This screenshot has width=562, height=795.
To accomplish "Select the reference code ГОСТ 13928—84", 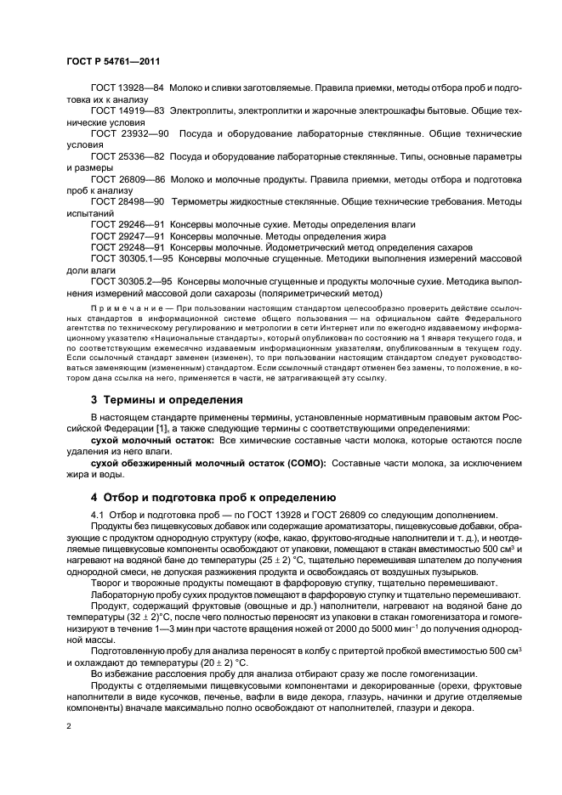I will tap(128, 88).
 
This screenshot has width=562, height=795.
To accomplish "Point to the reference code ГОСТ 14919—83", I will tap(128, 111).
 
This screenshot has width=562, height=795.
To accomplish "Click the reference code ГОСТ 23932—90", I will tap(129, 134).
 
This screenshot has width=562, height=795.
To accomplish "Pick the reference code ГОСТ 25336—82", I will tap(128, 157).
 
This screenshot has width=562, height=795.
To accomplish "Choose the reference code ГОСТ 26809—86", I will tap(128, 180).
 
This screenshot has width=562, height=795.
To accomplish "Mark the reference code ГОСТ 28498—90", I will tap(128, 203).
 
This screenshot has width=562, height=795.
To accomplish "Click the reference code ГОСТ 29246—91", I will tap(128, 225).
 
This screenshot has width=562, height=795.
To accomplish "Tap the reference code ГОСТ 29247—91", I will tap(128, 236).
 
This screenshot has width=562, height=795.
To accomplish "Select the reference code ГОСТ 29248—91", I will tap(128, 247).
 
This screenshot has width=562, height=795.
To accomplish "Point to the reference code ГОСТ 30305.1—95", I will tap(132, 258).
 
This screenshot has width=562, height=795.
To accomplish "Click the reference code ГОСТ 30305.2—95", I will tap(132, 281).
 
